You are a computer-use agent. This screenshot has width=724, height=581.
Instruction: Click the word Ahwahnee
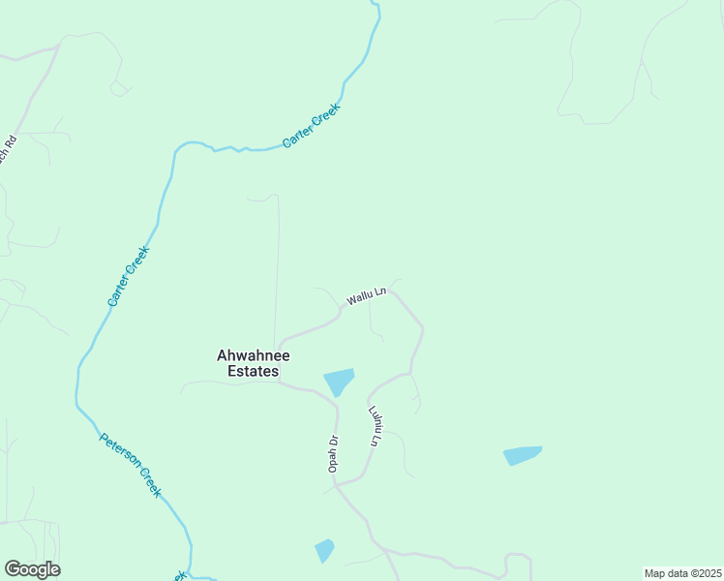[x=254, y=355]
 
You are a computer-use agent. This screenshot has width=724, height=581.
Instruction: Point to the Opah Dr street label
[x=333, y=453]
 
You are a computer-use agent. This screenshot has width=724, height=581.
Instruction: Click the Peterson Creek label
[x=131, y=465]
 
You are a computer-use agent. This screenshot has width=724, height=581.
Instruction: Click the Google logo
[x=32, y=569]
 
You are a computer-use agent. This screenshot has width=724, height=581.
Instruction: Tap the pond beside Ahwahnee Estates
[x=339, y=382]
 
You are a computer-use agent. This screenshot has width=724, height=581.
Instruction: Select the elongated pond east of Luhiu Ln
[x=523, y=455]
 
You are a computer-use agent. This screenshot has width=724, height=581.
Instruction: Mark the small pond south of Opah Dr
[x=324, y=551]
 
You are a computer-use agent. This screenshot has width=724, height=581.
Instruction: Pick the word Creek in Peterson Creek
[x=146, y=481]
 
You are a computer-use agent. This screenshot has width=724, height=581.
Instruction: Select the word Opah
[x=333, y=460]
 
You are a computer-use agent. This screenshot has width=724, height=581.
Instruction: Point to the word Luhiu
[x=374, y=417]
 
